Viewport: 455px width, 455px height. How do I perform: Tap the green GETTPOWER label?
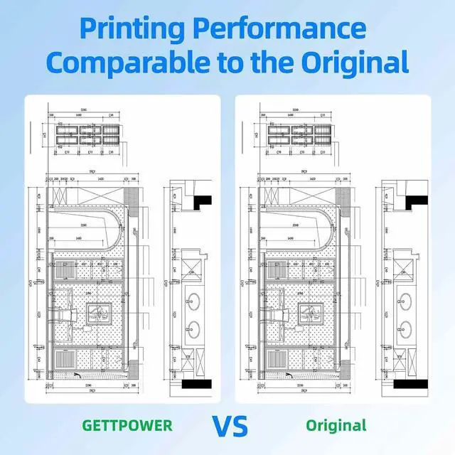click(127, 426)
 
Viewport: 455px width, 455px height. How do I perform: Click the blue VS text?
click(230, 426)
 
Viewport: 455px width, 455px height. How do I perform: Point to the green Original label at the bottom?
click(336, 426)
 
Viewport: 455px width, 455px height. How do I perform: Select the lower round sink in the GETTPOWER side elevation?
click(190, 328)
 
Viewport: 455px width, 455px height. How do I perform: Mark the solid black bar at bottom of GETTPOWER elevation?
click(198, 385)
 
